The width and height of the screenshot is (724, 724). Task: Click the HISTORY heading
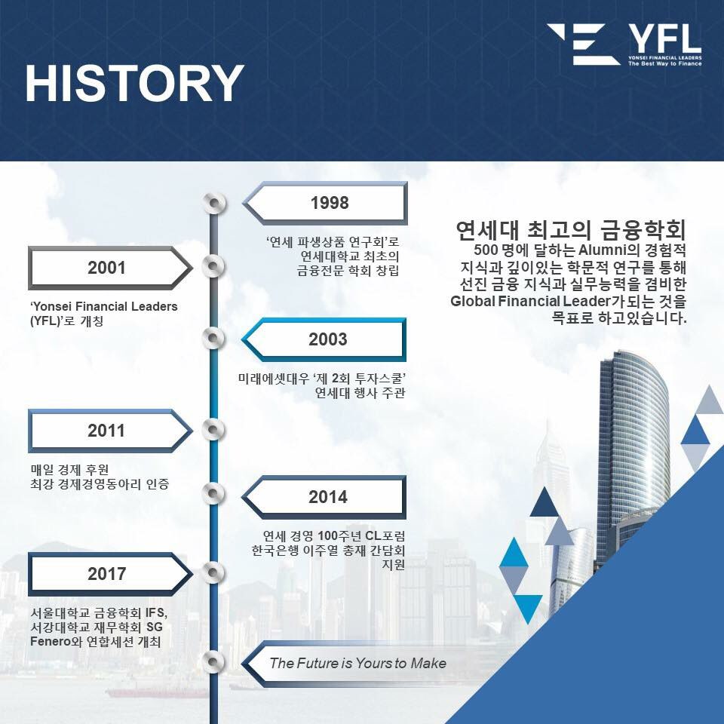[134, 83]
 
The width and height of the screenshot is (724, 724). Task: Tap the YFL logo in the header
[624, 44]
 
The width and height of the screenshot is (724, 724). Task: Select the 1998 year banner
[325, 203]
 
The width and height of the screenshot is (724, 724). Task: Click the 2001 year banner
[110, 268]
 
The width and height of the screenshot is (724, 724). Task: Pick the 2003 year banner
[324, 339]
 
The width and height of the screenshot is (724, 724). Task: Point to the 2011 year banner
[110, 431]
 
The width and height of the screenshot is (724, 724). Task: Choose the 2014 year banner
[324, 497]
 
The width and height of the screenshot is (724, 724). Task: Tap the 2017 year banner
[110, 574]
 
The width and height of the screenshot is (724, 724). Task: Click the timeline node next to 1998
[214, 203]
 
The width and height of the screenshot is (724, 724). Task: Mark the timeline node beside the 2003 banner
[214, 338]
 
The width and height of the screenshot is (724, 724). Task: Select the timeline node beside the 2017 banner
[214, 572]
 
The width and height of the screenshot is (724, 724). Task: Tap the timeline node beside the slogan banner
[214, 661]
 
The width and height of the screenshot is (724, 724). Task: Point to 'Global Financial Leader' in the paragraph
[530, 301]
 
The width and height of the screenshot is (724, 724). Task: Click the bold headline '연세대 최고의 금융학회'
[571, 230]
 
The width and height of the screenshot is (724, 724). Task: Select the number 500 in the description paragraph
[486, 250]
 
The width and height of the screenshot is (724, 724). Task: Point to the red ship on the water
[157, 692]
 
